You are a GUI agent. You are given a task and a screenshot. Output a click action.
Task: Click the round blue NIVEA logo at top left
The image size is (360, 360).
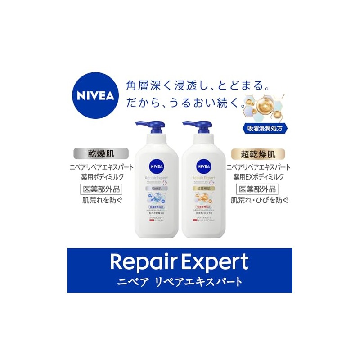95,95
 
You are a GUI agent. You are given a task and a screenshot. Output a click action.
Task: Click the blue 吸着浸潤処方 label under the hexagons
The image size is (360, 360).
264,127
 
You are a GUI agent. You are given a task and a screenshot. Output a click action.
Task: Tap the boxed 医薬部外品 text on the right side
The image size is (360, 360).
258,189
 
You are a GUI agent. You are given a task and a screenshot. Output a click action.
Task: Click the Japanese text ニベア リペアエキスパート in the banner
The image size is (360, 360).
180,282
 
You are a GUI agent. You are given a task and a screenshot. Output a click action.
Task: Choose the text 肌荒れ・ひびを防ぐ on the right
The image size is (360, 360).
258,200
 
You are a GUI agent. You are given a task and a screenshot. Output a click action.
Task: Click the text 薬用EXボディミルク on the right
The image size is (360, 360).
258,177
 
